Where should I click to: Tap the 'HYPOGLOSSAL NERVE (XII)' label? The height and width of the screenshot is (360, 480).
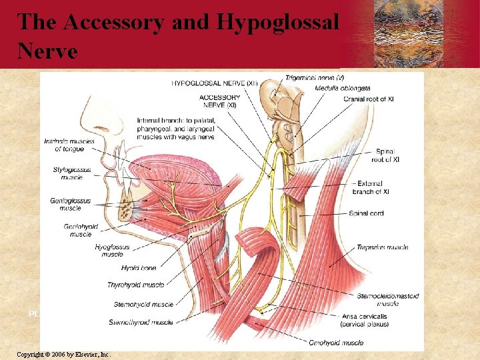point(215,83)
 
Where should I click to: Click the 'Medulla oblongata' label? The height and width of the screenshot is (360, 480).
point(343,88)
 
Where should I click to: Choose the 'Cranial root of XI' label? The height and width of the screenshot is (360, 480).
point(368,99)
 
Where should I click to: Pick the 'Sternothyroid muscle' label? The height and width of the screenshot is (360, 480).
point(142,323)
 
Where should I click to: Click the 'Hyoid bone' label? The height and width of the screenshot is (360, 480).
point(139,268)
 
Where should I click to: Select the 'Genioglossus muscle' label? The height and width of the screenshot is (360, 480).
point(65,204)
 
